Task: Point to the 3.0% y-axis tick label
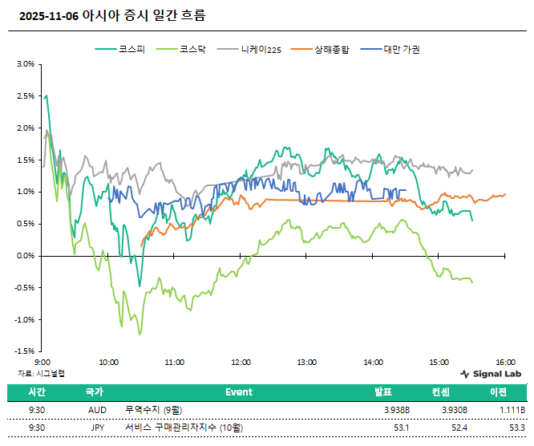point(25,64)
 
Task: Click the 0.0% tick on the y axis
point(25,256)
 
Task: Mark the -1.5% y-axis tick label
point(24,351)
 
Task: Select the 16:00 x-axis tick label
point(505,363)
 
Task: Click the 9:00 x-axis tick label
point(43,363)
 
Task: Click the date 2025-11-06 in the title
point(48,15)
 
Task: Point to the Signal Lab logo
point(491,374)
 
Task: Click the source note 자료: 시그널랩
point(41,373)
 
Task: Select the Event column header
point(239,392)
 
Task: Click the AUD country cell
point(96,410)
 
